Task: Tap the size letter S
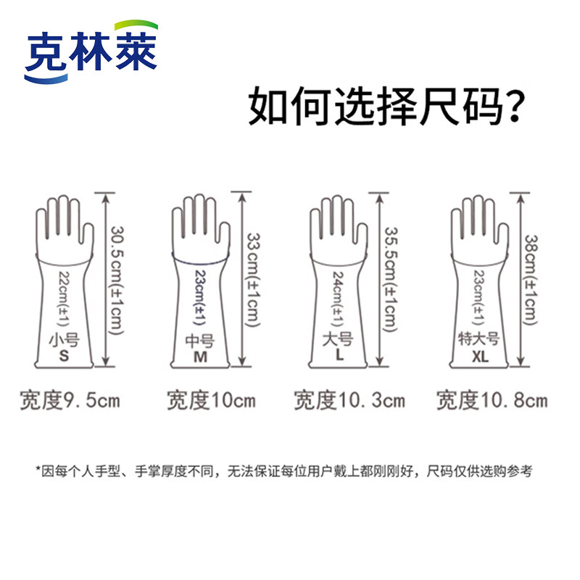(64, 357)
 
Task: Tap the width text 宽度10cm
(211, 399)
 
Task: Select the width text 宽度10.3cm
(349, 399)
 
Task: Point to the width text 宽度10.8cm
(492, 399)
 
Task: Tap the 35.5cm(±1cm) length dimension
(390, 279)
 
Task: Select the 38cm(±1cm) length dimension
(531, 279)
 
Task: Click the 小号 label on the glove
(64, 339)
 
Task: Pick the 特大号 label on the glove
(476, 339)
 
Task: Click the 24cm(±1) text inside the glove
(337, 297)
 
